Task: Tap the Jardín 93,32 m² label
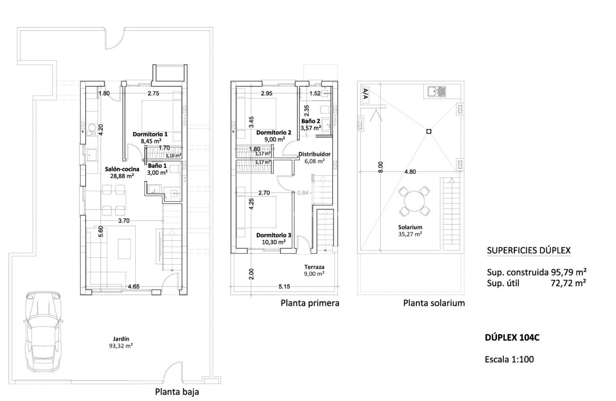coord(121,343)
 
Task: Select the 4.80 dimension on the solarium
coord(410,171)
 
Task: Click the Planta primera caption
coord(310,303)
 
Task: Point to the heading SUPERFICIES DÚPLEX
coord(529,250)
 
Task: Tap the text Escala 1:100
coord(509,359)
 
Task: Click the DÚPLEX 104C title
coord(512,338)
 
